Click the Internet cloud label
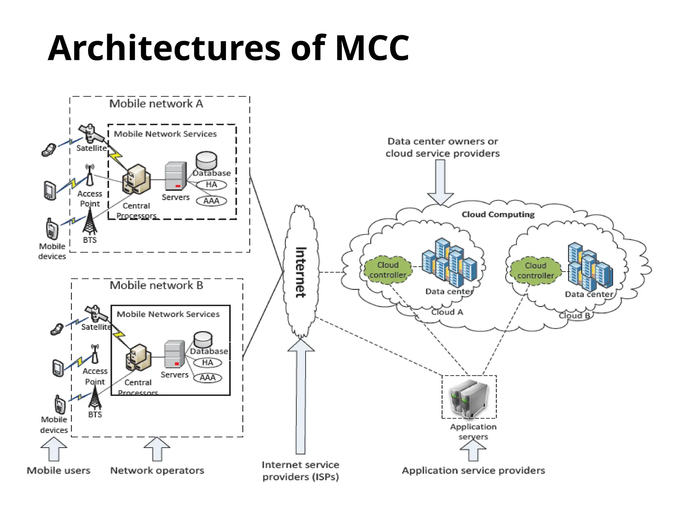coord(301,273)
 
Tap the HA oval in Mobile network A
coord(211,185)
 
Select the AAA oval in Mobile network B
coord(207,378)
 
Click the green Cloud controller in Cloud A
coord(388,270)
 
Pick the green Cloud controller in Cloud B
coord(535,270)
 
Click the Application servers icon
coord(469,398)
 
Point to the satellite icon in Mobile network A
coord(90,133)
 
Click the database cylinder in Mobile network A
coord(206,160)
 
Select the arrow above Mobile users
coord(54,449)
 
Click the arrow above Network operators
coord(157,449)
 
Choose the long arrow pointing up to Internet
coord(300,396)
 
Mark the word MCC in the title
coord(372,48)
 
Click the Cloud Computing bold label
coord(498,215)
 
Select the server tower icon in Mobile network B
coord(175,354)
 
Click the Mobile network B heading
coord(156,285)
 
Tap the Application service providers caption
coord(473,471)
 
